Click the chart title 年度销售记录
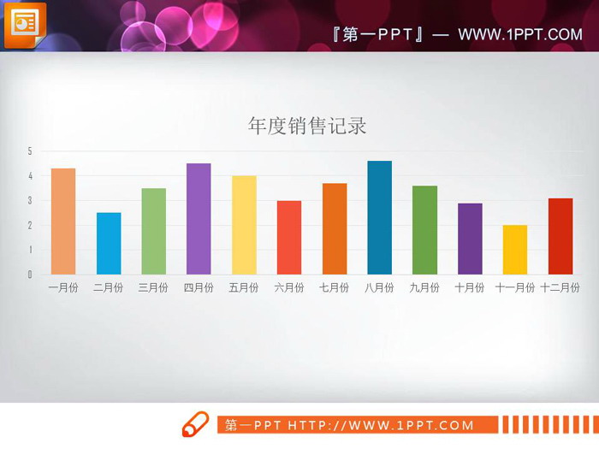coord(306,127)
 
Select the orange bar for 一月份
coord(63,222)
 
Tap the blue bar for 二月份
coord(109,244)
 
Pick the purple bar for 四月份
coord(199,219)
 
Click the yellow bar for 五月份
coord(244,225)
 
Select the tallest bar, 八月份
coord(379,217)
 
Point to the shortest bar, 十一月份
coord(514,250)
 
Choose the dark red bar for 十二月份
coord(560,236)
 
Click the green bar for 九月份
coord(424,230)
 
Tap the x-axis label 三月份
coord(153,288)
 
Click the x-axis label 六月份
coord(289,288)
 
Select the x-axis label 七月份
coord(334,288)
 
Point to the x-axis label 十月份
coord(470,288)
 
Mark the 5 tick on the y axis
coord(30,151)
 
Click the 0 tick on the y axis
coord(30,275)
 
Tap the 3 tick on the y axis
coord(30,201)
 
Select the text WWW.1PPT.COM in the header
coord(519,34)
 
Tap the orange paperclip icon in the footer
coord(195,423)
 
